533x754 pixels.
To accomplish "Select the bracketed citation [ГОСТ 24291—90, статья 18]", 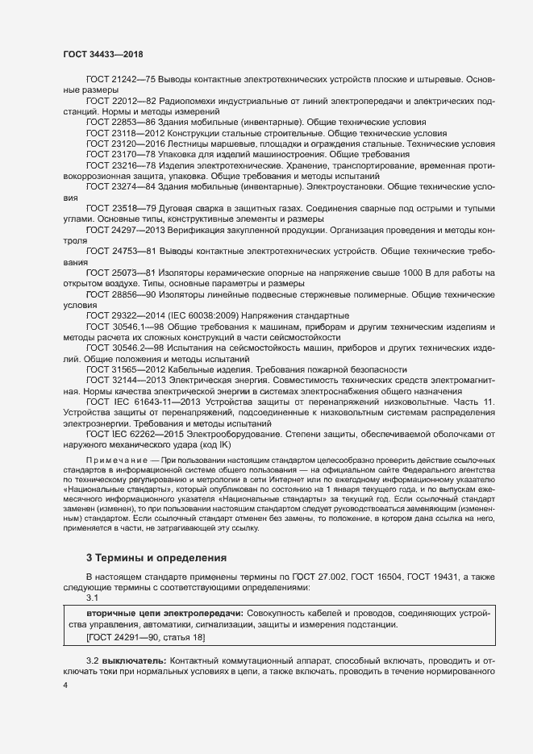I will tap(145, 638).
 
